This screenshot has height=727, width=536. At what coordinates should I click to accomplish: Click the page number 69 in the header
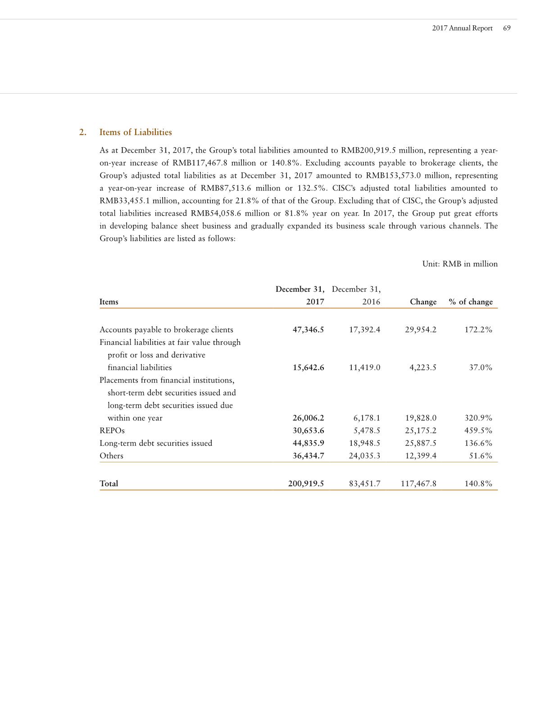[507, 28]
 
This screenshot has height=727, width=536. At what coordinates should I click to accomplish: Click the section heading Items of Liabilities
[135, 132]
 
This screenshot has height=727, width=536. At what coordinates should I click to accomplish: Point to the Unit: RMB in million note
[459, 264]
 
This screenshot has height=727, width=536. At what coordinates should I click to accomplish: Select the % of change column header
[471, 302]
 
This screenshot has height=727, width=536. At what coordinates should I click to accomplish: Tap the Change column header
[423, 302]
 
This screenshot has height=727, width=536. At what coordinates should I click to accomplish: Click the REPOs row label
[112, 431]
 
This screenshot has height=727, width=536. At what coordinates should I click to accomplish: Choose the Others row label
[111, 456]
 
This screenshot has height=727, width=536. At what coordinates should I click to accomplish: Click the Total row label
[109, 484]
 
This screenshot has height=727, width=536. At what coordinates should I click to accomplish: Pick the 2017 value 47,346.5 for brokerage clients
[308, 330]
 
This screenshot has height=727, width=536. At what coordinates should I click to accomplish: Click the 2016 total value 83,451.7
[364, 484]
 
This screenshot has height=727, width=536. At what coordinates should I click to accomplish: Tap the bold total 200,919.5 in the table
[306, 484]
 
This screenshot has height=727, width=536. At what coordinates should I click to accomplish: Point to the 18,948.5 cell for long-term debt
[364, 443]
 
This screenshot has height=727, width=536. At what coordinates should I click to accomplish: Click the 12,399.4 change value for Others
[421, 456]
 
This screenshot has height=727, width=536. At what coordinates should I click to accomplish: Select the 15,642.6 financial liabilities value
[308, 368]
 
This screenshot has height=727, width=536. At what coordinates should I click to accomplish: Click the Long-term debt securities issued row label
[156, 443]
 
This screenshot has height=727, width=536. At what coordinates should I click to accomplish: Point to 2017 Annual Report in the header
[462, 28]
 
